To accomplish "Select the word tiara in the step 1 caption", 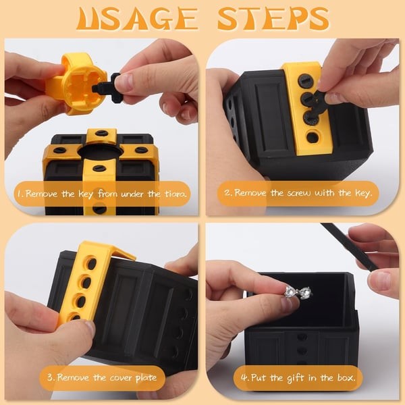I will [x=173, y=195].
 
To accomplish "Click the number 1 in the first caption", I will [x=22, y=195].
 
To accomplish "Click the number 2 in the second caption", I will [x=230, y=195].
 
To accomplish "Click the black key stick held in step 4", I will [x=351, y=247].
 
